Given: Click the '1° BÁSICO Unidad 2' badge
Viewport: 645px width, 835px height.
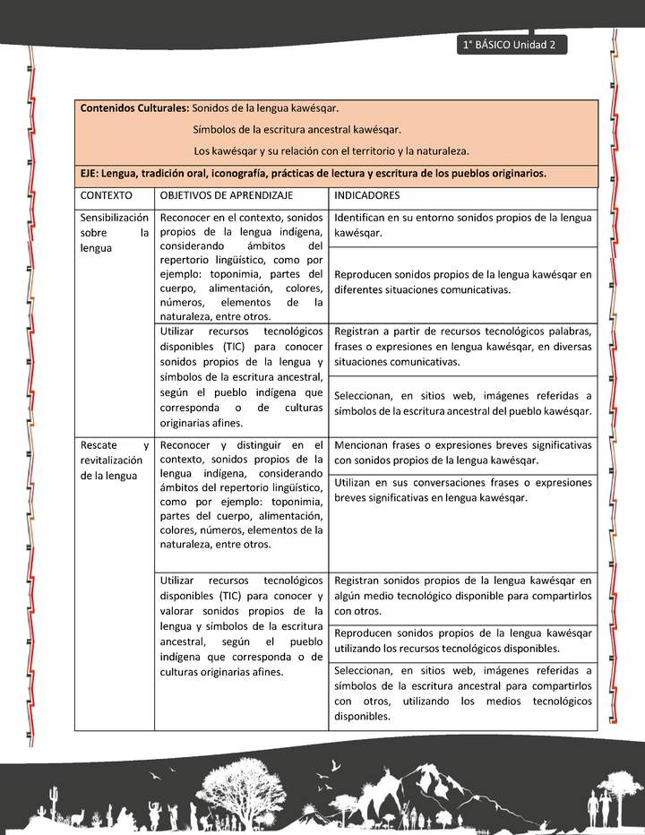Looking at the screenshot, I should click(510, 45).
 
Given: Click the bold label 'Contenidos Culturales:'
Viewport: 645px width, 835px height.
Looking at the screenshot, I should click(134, 108).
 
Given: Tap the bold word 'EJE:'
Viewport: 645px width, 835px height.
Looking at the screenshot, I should click(90, 174).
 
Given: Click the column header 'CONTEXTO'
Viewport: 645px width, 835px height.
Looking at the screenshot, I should click(106, 195).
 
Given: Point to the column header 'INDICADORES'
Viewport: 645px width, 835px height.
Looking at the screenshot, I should click(367, 195).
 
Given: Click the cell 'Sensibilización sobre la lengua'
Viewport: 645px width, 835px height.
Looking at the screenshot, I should click(114, 233).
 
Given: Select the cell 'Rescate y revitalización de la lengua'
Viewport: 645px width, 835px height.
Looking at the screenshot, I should click(114, 460).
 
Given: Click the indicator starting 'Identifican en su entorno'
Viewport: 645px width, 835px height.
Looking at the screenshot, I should click(462, 225).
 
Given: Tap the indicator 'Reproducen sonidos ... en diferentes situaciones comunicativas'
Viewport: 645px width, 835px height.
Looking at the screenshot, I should click(462, 282).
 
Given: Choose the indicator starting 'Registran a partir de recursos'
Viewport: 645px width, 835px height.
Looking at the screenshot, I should click(462, 346).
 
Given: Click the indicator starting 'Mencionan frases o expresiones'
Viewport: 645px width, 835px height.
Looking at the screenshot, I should click(462, 452).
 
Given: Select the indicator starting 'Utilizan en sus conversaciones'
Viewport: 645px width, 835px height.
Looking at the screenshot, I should click(462, 490).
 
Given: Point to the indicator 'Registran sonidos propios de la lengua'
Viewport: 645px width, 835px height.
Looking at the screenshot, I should click(462, 596).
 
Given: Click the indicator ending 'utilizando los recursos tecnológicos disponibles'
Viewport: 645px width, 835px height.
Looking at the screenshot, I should click(462, 641).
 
